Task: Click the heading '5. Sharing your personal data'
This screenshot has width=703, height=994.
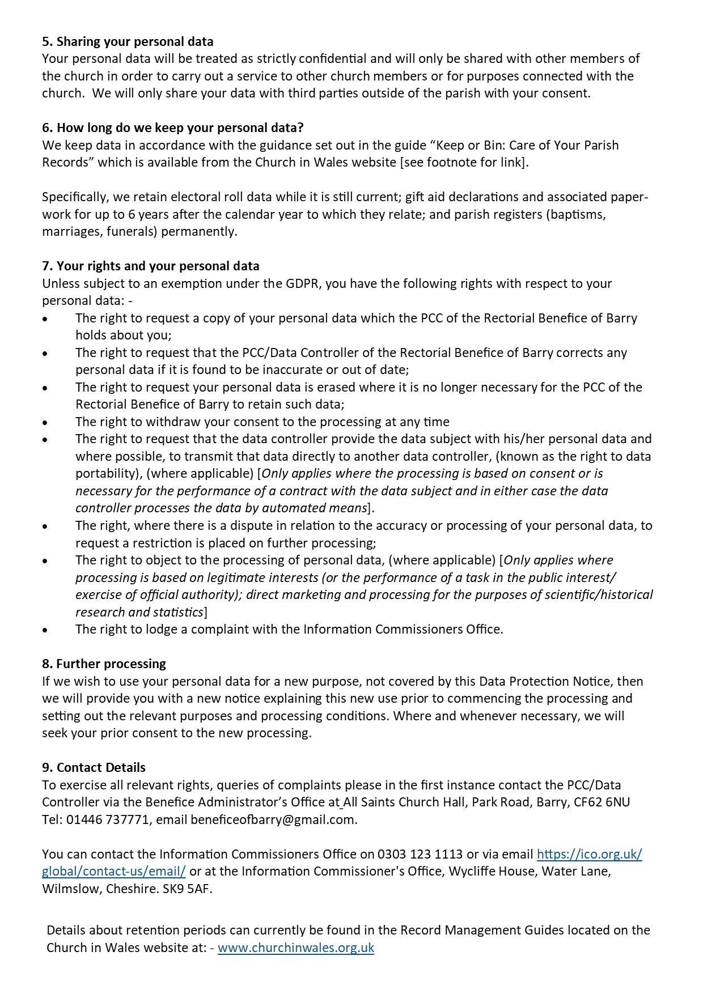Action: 128,41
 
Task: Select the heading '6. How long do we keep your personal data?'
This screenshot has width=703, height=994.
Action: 172,128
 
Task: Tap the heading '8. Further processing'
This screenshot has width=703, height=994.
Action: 104,664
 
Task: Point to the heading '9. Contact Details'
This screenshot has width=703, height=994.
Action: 94,767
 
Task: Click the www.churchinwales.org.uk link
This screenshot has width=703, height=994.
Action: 295,948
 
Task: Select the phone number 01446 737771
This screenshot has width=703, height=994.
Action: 108,819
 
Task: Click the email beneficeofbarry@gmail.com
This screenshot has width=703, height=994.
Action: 273,819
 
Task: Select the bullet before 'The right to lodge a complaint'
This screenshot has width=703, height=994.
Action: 45,630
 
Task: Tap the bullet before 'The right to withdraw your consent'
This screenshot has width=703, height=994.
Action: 45,422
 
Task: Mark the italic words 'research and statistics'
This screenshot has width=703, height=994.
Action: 139,612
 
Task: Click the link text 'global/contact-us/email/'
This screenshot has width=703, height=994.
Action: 113,871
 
